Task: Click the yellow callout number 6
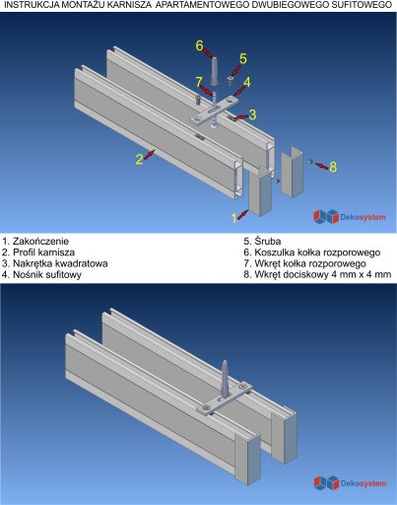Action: point(200,45)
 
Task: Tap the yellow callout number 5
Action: point(243,59)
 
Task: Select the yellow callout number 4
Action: point(247,82)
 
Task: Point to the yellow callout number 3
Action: point(252,114)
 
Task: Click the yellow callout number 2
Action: point(140,160)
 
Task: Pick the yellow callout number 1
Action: point(233,218)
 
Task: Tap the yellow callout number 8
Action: point(333,167)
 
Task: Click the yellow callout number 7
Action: point(199,82)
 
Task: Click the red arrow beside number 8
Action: point(320,165)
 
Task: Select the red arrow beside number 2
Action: point(149,154)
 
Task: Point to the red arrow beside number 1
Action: point(242,214)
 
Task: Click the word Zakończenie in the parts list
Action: point(40,241)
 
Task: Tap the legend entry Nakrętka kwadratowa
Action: point(54,263)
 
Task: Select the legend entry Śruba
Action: point(262,241)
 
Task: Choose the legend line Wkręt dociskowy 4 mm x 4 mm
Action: point(317,274)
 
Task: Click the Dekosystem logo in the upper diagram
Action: point(350,217)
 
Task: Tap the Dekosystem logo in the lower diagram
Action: point(350,483)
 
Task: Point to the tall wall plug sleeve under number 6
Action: point(214,71)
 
